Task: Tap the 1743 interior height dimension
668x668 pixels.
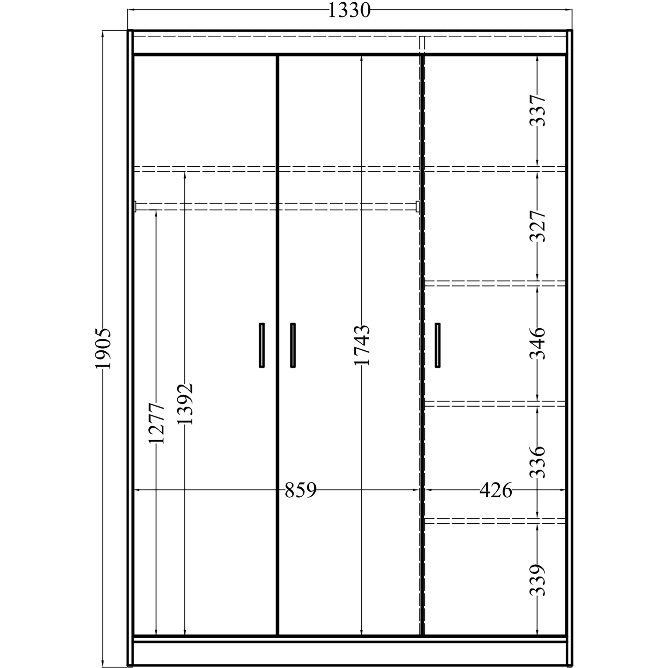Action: pos(362,345)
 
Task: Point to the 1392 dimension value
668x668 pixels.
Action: pos(184,404)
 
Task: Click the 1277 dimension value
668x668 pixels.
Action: pos(156,423)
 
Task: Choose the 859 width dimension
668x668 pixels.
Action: pos(301,490)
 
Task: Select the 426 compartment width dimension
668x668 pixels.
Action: pos(496,490)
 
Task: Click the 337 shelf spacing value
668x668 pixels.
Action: pos(538,111)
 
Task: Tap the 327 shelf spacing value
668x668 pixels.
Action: pos(538,226)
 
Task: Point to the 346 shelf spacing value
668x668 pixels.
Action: pos(538,344)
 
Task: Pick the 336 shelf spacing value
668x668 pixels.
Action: pos(538,462)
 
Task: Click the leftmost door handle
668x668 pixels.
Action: pos(262,345)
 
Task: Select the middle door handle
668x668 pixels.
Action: pos(293,345)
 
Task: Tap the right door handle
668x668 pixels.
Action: pos(438,345)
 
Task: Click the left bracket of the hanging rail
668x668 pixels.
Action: pos(135,206)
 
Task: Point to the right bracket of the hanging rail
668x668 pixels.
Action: pos(418,206)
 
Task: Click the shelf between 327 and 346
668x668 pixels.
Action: pos(495,284)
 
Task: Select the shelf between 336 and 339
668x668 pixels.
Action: pos(495,521)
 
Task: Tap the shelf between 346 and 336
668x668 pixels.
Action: pos(495,404)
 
